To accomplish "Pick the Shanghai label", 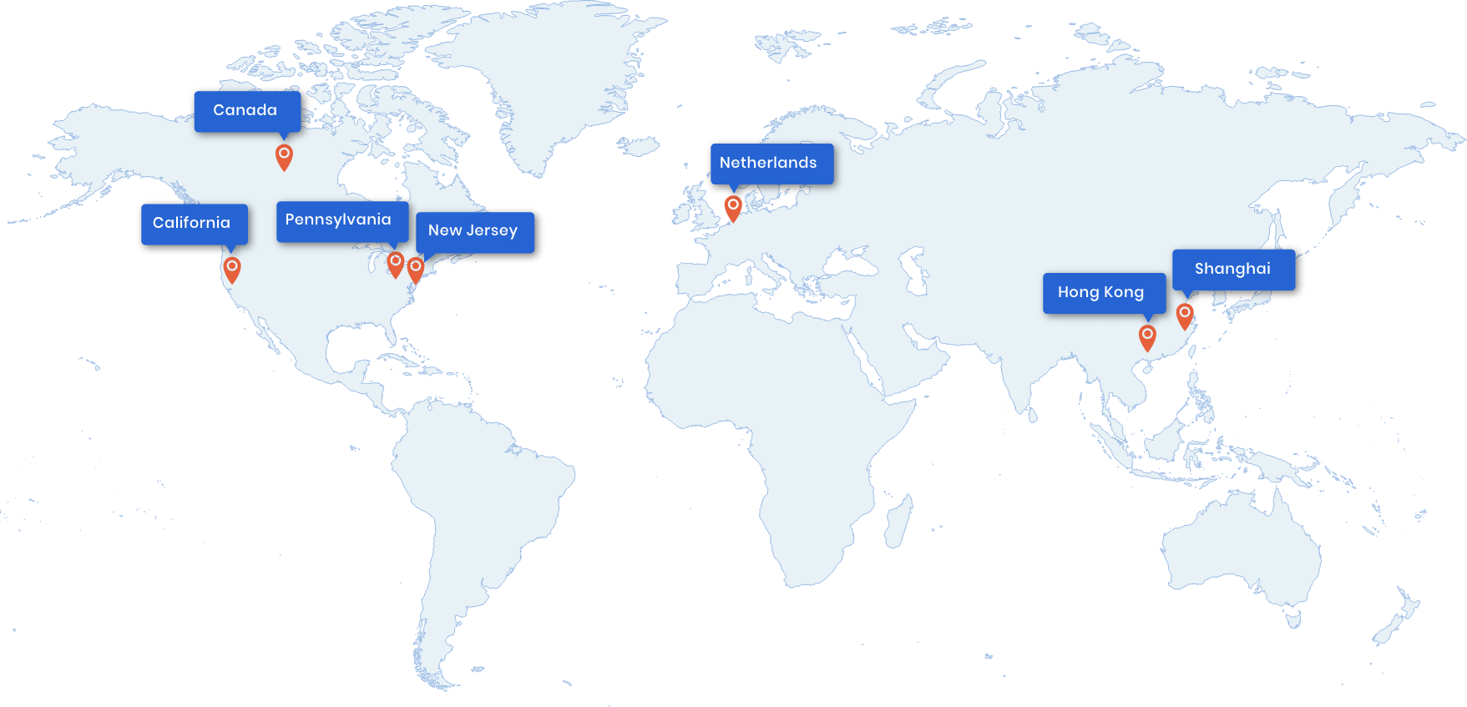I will [x=1233, y=270].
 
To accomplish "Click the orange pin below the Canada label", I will [x=284, y=155].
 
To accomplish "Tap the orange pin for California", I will [x=232, y=269].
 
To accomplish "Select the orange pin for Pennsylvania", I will [x=396, y=263].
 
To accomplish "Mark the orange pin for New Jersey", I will [x=415, y=269].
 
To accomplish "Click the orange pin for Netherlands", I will [x=733, y=206].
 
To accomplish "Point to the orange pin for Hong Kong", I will [x=1147, y=336].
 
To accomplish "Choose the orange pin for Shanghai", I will [x=1184, y=315].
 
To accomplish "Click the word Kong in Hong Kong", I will [x=1124, y=293].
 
